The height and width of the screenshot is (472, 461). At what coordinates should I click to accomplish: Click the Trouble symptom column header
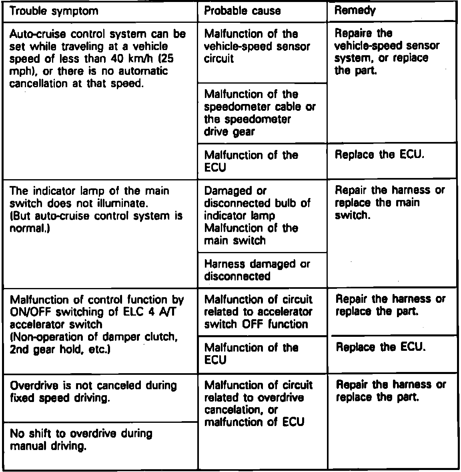click(54, 11)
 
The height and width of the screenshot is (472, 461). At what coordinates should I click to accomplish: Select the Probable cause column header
click(242, 11)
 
